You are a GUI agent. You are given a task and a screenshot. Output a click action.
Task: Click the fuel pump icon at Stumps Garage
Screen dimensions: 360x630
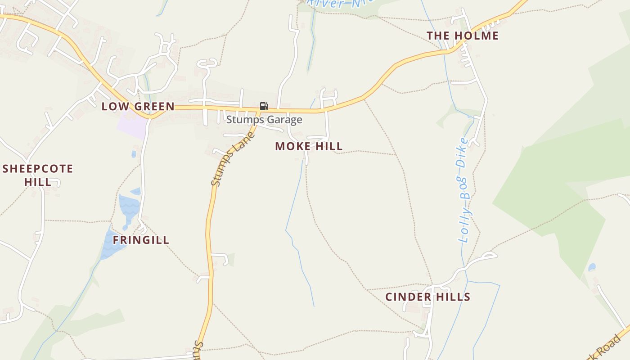tap(264, 106)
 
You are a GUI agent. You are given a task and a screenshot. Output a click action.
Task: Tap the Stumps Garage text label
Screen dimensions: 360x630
tap(264, 120)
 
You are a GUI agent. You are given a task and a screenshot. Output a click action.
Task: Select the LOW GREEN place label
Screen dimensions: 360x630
tap(138, 106)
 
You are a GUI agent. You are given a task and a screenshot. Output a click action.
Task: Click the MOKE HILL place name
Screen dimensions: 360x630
tap(309, 146)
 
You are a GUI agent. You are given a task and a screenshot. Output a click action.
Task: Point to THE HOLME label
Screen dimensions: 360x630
tap(463, 36)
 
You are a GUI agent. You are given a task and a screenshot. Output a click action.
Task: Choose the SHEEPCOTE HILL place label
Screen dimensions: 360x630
tap(38, 175)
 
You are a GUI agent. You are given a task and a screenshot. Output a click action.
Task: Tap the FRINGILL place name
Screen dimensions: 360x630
tap(141, 240)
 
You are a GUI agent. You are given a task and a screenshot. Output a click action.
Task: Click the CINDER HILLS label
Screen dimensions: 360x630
tap(428, 297)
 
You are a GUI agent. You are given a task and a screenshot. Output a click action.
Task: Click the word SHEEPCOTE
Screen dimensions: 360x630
tap(38, 169)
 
